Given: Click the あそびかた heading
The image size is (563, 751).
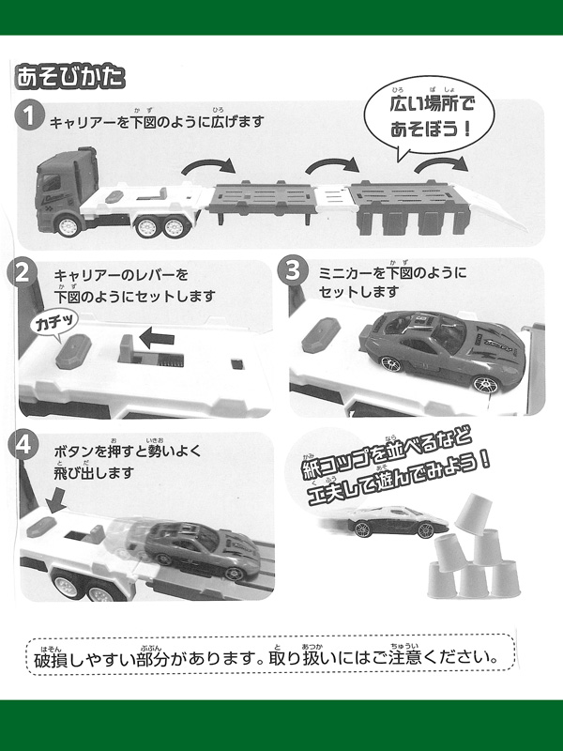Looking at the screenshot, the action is click(69, 77).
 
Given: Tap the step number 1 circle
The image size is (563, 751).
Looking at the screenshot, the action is click(29, 115).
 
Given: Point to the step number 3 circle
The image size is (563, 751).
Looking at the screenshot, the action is click(293, 269).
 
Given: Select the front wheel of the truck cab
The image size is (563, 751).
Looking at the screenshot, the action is click(68, 226).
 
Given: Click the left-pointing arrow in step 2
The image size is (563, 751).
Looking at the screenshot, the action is click(157, 338).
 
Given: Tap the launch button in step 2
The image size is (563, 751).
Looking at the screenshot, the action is click(73, 351).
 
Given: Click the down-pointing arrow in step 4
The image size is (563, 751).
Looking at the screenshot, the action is click(56, 500).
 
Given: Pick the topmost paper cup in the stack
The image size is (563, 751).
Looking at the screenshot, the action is click(473, 513).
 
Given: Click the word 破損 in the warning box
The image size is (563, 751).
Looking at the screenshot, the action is click(52, 660).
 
